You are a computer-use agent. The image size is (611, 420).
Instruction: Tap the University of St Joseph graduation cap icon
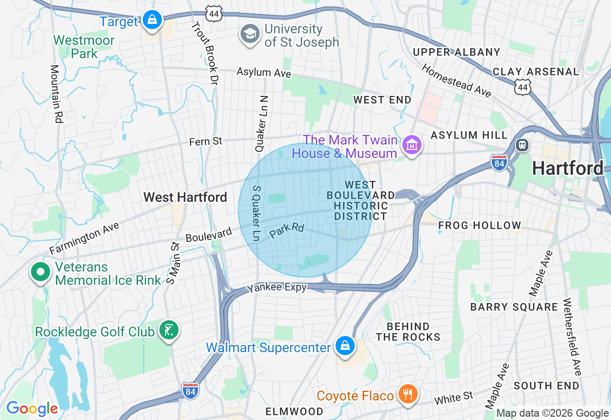click(250, 35)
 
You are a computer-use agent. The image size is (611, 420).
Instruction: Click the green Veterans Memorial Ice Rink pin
click(41, 273)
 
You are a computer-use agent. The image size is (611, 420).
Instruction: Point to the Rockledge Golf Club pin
click(169, 331)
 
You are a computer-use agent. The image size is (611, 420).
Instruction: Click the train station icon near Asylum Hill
click(523, 145)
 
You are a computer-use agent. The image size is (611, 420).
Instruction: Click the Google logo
click(32, 409)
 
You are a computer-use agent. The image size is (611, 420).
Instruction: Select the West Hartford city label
click(185, 197)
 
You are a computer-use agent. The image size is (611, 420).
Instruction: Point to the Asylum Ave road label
click(264, 73)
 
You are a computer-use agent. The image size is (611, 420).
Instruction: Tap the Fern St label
click(206, 141)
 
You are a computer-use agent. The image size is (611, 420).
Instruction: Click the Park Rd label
click(286, 231)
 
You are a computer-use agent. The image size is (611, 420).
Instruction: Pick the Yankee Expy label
click(276, 288)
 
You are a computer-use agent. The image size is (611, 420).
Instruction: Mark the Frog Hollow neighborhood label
click(480, 225)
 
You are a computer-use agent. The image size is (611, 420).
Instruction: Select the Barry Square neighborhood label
click(514, 307)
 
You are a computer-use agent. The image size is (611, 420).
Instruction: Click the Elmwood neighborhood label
click(295, 411)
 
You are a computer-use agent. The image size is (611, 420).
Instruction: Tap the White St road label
click(453, 398)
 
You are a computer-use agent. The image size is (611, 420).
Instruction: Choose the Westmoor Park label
click(84, 47)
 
